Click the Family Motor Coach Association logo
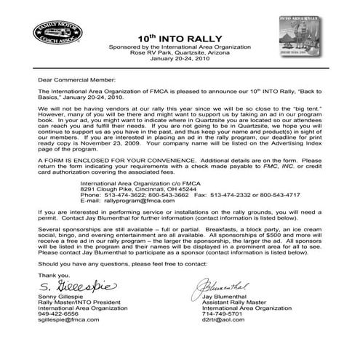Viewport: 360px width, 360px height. tap(55, 35)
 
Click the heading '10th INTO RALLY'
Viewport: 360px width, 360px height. tap(179, 39)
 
